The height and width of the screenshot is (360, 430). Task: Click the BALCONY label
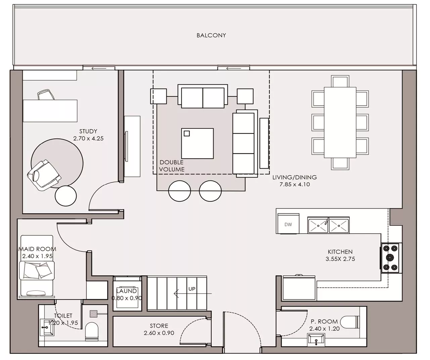click(211, 35)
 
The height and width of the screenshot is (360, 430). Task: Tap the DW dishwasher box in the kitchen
click(288, 225)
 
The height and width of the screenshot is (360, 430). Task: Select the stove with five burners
click(390, 258)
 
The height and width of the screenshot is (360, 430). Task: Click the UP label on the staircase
click(192, 289)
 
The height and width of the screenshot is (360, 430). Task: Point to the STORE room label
click(159, 326)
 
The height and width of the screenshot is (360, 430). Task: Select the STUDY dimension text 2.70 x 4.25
click(88, 138)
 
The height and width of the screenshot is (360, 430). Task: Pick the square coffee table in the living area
click(197, 144)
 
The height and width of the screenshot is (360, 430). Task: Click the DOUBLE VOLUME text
click(172, 166)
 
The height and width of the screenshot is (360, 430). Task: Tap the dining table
click(340, 122)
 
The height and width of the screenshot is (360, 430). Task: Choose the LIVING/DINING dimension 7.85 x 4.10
click(295, 184)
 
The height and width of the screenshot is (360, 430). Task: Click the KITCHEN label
click(340, 252)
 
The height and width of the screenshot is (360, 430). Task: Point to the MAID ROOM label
click(37, 249)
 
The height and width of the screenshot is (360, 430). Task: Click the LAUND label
click(126, 291)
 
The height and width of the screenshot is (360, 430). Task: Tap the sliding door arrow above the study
click(99, 68)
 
